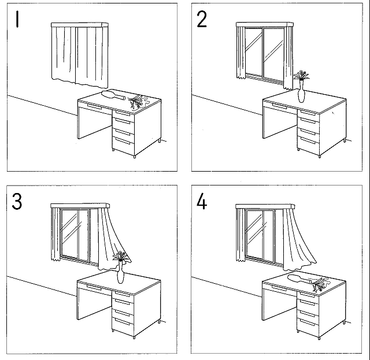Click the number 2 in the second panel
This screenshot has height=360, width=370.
pyautogui.click(x=201, y=20)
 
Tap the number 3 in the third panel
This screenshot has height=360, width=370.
pyautogui.click(x=17, y=202)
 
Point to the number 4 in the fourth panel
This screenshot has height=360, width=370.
pyautogui.click(x=202, y=202)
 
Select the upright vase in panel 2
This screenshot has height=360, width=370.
pyautogui.click(x=301, y=94)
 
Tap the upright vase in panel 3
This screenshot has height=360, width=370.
pyautogui.click(x=120, y=273)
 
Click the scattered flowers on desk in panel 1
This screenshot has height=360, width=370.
pyautogui.click(x=136, y=101)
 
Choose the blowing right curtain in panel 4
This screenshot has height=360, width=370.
pyautogui.click(x=298, y=237)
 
